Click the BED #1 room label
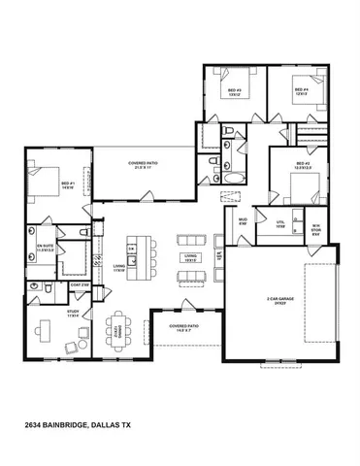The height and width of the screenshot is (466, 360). point(67,185)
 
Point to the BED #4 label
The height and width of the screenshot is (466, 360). point(300,91)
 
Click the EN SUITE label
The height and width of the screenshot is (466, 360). point(46,248)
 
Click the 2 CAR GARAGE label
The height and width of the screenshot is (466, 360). point(281,301)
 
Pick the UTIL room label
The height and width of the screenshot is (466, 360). point(280,222)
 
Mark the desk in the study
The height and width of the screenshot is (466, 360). point(44,331)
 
